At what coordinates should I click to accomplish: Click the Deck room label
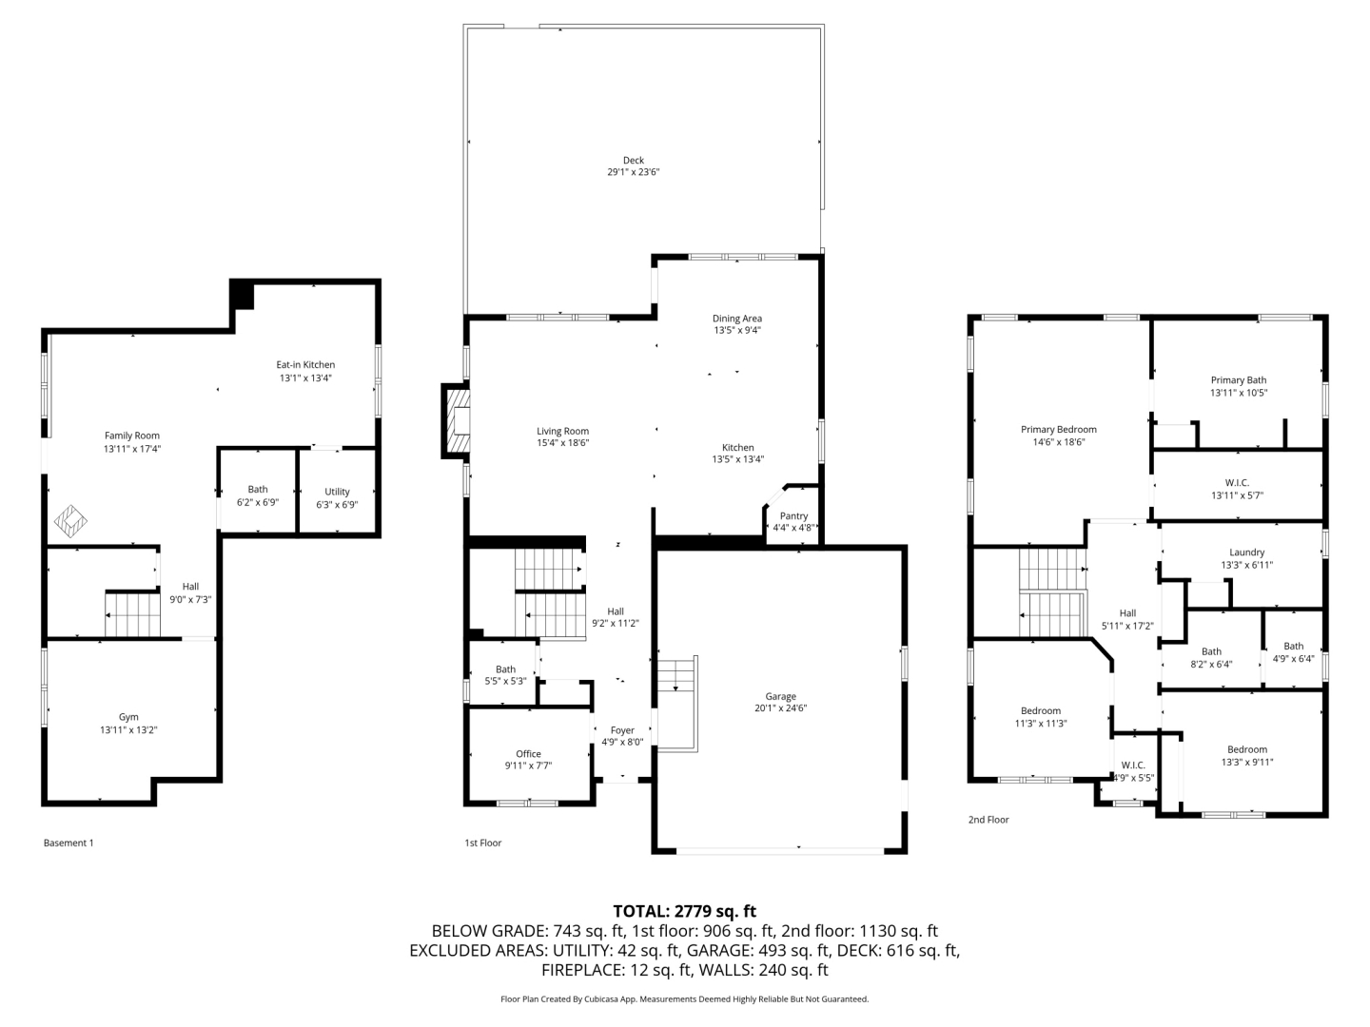(633, 161)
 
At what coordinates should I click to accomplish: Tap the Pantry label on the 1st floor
(793, 515)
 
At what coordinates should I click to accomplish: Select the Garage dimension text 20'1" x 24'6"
(780, 707)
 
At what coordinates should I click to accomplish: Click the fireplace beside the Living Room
(457, 421)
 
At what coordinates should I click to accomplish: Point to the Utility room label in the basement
(337, 492)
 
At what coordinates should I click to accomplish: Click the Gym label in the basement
(128, 717)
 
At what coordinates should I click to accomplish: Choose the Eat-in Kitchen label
(305, 365)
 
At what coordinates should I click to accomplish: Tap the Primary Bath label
(1239, 380)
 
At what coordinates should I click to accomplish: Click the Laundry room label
(1246, 552)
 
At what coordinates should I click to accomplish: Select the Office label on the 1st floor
(528, 754)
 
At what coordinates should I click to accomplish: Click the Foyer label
(622, 730)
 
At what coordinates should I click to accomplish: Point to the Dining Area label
(737, 319)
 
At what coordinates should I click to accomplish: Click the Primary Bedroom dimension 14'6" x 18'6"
(1059, 442)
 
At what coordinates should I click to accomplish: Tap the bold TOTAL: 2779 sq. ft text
(685, 912)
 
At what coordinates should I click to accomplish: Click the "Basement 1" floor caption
(68, 843)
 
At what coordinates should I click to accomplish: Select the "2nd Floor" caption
(988, 820)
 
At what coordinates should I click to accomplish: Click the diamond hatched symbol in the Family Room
(70, 521)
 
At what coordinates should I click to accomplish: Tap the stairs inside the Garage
(677, 704)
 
